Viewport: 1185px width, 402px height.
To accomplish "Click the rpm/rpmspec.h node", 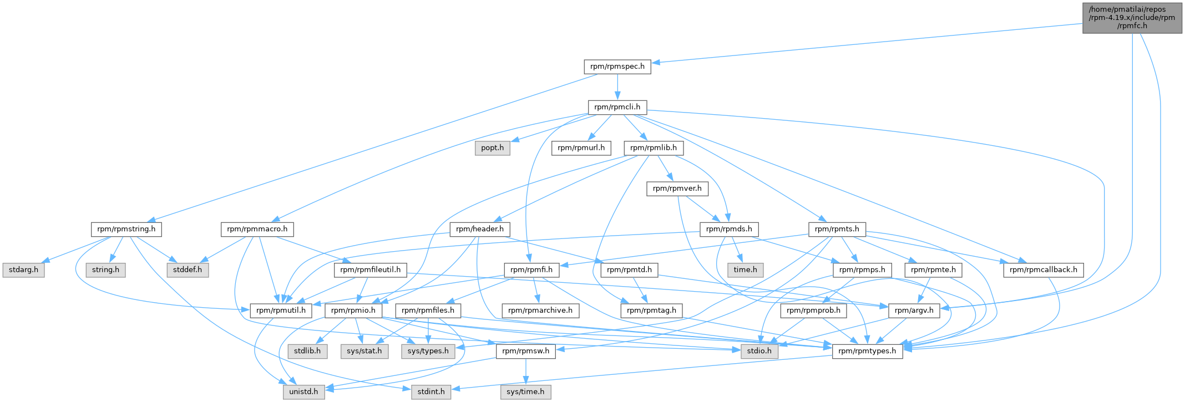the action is pos(617,67).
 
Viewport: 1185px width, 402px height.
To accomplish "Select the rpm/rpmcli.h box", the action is pos(617,107).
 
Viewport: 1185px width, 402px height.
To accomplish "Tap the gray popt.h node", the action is pos(493,148).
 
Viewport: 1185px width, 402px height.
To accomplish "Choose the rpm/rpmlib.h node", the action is pos(654,148).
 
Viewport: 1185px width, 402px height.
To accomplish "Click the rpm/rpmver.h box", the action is pos(677,189).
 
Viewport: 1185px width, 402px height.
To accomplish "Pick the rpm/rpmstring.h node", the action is pos(126,229).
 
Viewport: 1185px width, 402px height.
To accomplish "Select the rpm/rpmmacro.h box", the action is pos(257,229).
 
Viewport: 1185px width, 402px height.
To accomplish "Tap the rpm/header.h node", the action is pos(480,229).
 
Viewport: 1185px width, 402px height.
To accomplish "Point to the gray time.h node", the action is pos(745,270).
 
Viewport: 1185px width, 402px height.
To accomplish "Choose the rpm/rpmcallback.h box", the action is pos(1044,270).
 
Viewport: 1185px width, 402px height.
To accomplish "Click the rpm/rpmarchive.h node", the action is pos(540,311).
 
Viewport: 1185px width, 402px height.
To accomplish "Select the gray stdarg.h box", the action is pos(24,270).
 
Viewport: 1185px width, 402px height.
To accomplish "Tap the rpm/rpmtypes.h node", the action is pos(868,351).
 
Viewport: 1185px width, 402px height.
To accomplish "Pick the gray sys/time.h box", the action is pos(526,391).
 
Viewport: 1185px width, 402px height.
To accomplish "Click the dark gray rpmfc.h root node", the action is pos(1132,18).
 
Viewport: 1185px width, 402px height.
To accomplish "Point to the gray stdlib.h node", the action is pos(307,351).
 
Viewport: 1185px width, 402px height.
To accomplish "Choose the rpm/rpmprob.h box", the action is pos(813,311).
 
